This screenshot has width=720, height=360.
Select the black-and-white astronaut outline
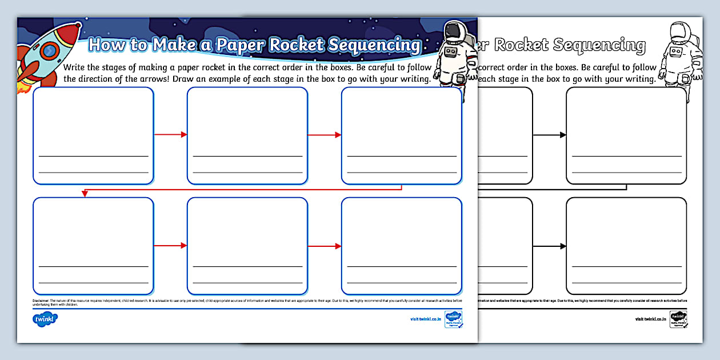(x=677, y=51)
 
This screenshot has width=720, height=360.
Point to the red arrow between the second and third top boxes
(x=325, y=135)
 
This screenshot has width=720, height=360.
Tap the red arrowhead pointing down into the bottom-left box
(x=85, y=194)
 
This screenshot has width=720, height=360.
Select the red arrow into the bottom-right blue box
(x=325, y=246)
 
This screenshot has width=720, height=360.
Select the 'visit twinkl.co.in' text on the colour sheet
(x=426, y=319)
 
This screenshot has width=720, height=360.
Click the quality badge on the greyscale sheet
(x=678, y=319)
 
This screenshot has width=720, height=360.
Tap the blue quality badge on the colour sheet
(x=453, y=319)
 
